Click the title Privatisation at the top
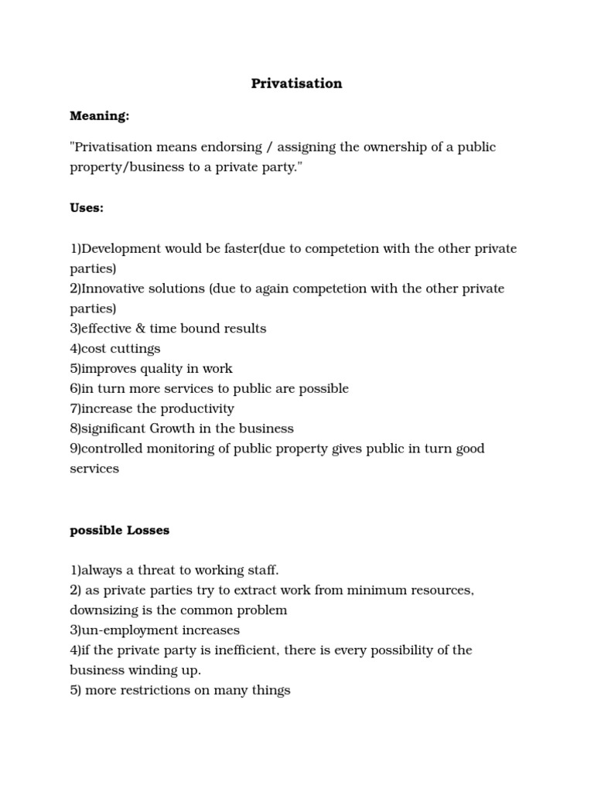(296, 84)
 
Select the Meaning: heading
(100, 116)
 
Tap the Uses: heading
(87, 209)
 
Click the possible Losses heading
(120, 531)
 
